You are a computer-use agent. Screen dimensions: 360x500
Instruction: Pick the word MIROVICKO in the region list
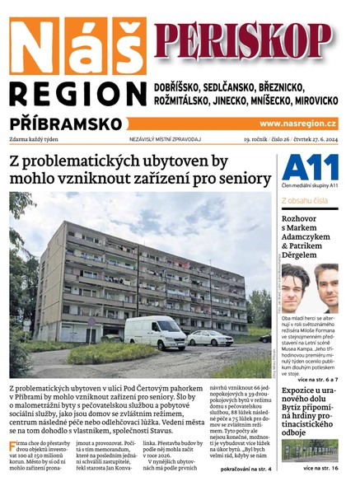310,100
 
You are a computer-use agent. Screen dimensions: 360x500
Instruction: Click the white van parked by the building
157,331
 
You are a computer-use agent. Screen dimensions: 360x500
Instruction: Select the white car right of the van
210,337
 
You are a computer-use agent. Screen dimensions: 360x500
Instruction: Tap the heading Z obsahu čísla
304,200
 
